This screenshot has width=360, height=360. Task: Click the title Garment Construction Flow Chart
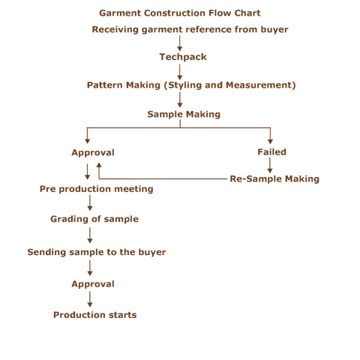point(180,13)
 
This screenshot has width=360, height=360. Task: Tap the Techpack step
point(180,57)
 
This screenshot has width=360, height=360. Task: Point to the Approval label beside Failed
point(92,152)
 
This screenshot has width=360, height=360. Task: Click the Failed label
point(271,152)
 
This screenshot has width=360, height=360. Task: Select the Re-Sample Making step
point(274,179)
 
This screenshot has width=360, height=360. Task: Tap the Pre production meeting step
point(96,189)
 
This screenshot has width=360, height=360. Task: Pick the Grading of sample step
point(94,219)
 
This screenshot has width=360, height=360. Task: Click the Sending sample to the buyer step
point(96,252)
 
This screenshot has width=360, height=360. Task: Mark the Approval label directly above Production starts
point(92,284)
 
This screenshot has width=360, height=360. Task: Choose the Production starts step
point(94,315)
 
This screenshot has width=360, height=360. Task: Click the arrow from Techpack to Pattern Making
point(180,71)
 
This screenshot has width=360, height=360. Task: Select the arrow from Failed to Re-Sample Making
point(270,166)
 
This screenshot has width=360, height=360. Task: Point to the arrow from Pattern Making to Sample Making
point(180,100)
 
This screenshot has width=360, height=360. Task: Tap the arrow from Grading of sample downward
point(90,235)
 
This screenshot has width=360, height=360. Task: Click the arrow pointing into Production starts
point(90,299)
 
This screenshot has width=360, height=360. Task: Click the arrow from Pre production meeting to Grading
point(90,203)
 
